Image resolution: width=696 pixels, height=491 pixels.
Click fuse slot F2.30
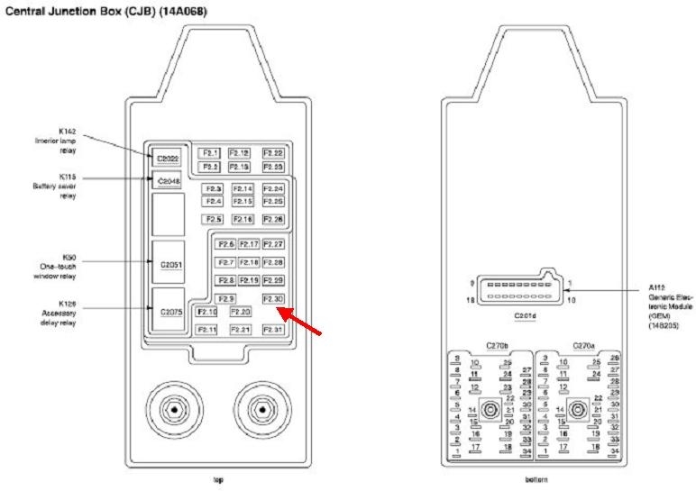point(272,298)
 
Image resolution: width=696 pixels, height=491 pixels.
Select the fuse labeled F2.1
point(210,153)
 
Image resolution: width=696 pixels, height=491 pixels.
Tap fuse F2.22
point(273,153)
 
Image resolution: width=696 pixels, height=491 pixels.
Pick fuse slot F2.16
point(243,219)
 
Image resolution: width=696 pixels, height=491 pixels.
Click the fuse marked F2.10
point(207,312)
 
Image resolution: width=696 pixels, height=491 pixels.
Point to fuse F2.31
point(272,330)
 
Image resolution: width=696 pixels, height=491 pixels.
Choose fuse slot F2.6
point(225,244)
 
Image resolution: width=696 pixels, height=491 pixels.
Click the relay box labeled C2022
point(168,159)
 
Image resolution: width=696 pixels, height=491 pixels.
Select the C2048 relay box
point(169,181)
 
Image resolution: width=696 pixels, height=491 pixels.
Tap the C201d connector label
point(525,316)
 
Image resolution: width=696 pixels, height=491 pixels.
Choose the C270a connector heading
point(582,345)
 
